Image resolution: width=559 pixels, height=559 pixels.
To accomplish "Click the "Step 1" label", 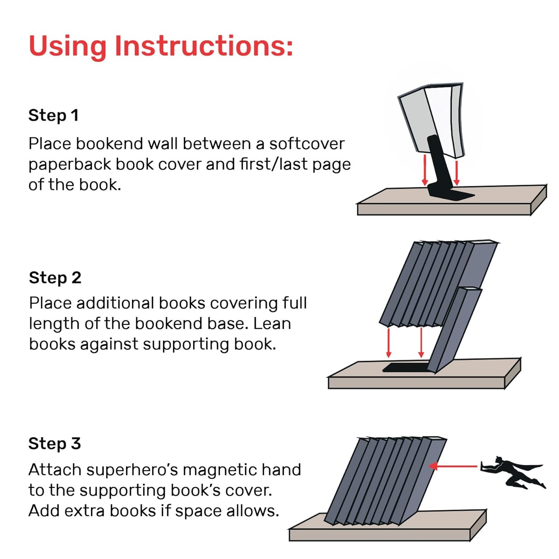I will pos(53,115).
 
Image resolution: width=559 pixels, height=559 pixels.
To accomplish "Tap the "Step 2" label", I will pos(55,278).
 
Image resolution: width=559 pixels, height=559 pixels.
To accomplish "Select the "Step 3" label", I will pos(55,443).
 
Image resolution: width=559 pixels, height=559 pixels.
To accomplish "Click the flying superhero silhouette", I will pos(513,472).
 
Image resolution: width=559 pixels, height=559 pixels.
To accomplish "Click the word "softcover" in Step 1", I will pos(307,144).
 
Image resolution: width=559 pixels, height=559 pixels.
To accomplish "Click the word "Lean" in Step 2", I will pos(272,323).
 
